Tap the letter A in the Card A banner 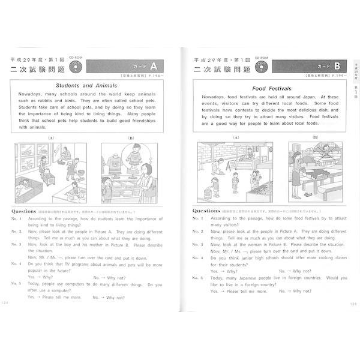pos(152,67)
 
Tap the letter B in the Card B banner pos(337,67)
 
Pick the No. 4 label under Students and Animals pos(17,263)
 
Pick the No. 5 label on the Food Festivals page pos(198,278)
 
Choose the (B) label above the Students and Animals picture pos(131,137)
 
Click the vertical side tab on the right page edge pos(354,78)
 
